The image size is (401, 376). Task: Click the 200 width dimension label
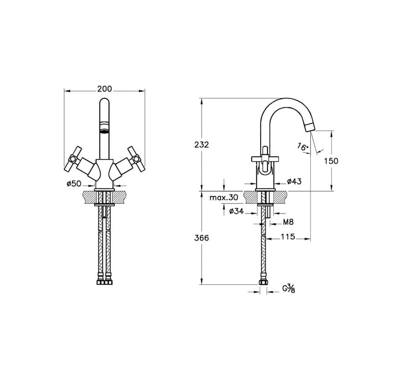[104, 89]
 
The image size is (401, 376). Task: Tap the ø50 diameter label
[74, 183]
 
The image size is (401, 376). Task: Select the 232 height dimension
[202, 144]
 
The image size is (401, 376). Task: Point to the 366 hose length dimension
[202, 238]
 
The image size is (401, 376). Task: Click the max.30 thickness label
[223, 197]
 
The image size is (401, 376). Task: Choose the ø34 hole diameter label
[236, 211]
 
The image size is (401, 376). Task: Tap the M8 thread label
[288, 222]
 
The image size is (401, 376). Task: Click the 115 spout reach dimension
[288, 237]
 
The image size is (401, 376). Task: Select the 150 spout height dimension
[331, 161]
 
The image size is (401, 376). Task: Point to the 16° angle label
[303, 146]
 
